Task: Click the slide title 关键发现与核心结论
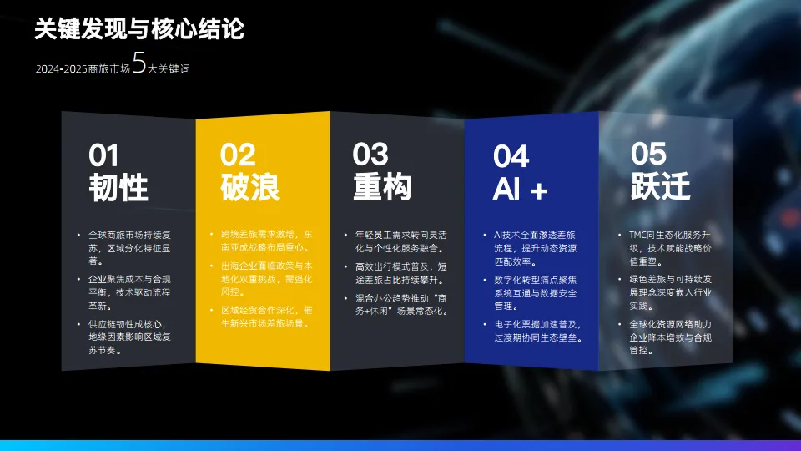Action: coord(139,29)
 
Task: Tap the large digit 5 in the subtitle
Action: coord(140,64)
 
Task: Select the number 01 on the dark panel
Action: coord(104,156)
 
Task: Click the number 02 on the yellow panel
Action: coord(238,155)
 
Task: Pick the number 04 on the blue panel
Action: coord(511,156)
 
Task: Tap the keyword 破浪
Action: coord(249,187)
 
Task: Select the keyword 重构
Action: coord(382,186)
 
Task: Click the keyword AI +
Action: coord(521,190)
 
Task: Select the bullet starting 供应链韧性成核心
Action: coord(128,337)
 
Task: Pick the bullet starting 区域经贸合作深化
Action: coord(260,317)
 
